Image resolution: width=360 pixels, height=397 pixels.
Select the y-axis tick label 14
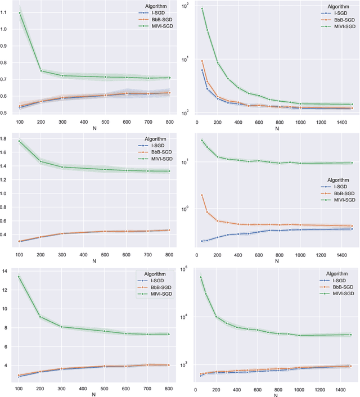tap(6, 271)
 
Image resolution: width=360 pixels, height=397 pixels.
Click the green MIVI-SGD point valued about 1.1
tap(20, 13)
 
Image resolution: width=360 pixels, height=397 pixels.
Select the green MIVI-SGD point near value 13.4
tap(20, 277)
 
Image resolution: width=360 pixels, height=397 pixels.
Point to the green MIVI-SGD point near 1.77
tap(20, 141)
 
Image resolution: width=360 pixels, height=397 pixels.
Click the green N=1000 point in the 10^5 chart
tap(300, 336)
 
